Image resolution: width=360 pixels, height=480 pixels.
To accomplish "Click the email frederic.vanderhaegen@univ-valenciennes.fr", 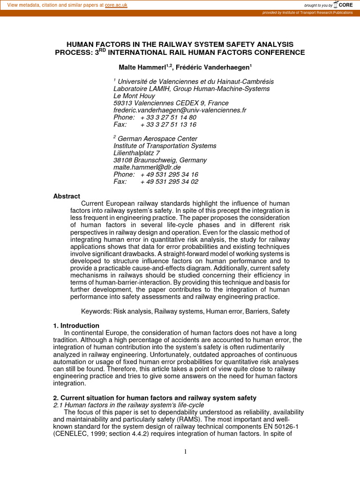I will (180, 110).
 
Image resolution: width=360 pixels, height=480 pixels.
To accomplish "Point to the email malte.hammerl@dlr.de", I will (147, 167).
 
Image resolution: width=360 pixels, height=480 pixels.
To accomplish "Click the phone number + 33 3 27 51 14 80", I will (168, 117).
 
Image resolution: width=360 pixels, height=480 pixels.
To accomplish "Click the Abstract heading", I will (67, 196).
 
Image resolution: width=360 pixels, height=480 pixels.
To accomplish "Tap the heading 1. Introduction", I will (76, 325).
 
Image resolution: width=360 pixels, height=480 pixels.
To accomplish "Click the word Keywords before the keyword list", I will (97, 311).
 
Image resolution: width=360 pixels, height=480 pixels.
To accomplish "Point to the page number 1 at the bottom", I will (185, 452).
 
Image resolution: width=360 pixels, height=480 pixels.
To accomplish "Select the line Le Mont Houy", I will (134, 96).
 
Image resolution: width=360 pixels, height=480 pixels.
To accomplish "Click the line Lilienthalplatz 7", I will (136, 153).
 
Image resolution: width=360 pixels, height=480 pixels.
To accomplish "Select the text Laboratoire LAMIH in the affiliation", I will (142, 89).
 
